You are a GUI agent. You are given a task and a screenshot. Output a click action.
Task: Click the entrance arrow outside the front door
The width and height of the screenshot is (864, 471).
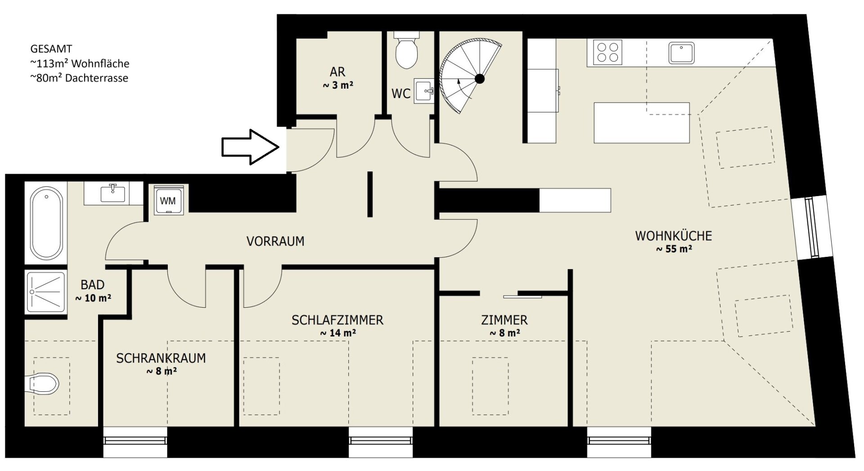point(250,147)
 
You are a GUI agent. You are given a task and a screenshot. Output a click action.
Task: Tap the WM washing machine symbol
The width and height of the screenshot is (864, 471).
point(168,200)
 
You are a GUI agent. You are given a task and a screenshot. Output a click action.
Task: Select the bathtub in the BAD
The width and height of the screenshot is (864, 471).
point(46,222)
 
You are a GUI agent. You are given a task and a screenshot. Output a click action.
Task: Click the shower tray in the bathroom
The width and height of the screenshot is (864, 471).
point(46,292)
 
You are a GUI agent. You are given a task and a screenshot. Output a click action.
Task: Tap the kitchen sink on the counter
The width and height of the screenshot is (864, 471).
point(681,53)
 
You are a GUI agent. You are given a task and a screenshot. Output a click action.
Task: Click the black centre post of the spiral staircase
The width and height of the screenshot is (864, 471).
point(480,79)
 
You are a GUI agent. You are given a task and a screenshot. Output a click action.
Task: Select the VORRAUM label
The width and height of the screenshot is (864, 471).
point(275,242)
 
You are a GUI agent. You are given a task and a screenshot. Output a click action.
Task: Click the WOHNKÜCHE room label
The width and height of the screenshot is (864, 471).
point(674,236)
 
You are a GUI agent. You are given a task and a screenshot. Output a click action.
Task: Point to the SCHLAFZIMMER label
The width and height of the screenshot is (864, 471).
point(337,320)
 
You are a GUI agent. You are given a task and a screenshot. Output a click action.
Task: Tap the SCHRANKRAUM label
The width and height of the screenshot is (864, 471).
point(161,359)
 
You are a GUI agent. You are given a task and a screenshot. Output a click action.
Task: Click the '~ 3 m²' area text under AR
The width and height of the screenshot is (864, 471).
point(338,85)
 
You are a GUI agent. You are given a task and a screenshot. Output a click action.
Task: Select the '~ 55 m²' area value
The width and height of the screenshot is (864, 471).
point(674,249)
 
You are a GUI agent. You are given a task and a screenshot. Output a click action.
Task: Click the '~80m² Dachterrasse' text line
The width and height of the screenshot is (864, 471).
point(79,78)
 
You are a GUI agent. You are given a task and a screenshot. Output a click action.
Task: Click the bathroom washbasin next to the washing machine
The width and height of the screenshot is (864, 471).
point(113,193)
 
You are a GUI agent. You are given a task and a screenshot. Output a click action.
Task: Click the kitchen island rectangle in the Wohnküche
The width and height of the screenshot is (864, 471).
point(642,123)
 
